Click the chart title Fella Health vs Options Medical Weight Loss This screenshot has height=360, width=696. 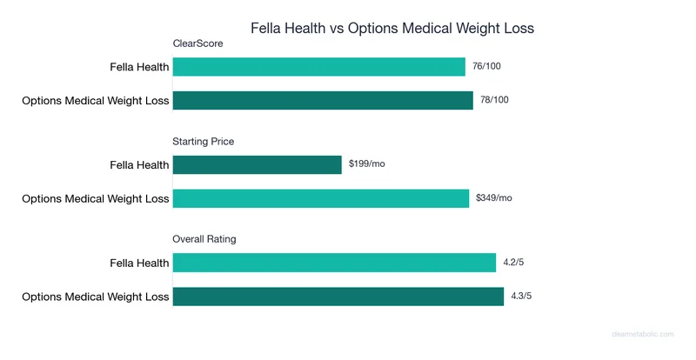click(391, 28)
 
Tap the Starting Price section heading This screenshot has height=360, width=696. click(204, 141)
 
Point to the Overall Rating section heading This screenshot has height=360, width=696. click(204, 238)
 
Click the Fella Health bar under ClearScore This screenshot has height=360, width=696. click(319, 67)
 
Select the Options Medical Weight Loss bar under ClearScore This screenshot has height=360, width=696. click(323, 100)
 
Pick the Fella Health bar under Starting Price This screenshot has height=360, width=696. click(258, 164)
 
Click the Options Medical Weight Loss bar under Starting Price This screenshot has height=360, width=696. click(321, 198)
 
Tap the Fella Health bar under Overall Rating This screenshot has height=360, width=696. click(334, 263)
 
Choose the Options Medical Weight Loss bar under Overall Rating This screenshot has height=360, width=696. click(338, 296)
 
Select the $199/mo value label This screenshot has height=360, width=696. click(366, 164)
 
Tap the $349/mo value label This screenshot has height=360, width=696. click(494, 198)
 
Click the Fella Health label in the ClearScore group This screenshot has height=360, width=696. click(139, 67)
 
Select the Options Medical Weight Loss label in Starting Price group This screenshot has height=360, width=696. click(96, 198)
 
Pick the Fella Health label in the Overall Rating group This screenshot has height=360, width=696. click(139, 263)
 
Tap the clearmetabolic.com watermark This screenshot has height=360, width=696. click(648, 333)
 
